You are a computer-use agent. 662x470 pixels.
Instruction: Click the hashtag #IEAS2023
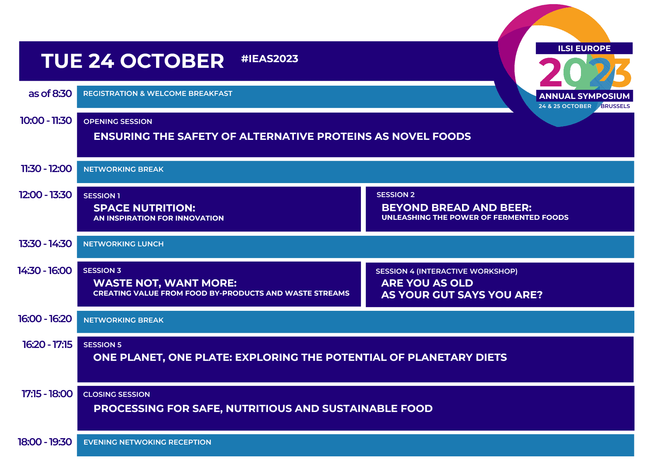tap(270, 59)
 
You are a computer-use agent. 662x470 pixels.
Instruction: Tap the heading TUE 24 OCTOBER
tap(133, 61)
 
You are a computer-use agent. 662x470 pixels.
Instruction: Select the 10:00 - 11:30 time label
tap(46, 121)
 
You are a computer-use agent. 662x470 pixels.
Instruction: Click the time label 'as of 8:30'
tap(50, 94)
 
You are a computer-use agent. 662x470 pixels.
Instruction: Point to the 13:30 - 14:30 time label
tap(45, 244)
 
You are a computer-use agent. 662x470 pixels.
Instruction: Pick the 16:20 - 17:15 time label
tap(47, 345)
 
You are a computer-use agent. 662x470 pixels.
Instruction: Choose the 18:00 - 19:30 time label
tap(45, 442)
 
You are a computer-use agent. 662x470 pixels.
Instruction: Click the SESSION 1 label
tap(102, 196)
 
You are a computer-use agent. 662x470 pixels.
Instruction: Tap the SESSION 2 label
tap(395, 195)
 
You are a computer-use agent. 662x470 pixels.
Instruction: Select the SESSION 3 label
tap(102, 271)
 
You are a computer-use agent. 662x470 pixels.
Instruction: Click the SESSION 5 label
tap(103, 345)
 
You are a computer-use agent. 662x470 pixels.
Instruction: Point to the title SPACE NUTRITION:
tap(144, 208)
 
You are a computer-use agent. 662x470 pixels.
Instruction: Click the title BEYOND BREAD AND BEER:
tap(457, 208)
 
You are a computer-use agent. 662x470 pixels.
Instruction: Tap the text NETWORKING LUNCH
tap(123, 244)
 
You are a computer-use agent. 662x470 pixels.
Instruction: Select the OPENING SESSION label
tap(118, 122)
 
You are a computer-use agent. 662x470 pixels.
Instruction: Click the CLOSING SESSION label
tap(117, 395)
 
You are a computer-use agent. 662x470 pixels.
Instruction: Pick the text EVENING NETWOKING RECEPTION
tap(147, 442)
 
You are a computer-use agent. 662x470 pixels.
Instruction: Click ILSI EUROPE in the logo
tap(584, 49)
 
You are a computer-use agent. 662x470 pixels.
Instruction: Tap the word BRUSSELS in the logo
tap(615, 106)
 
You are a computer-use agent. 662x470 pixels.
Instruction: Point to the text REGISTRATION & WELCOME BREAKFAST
tap(158, 94)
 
